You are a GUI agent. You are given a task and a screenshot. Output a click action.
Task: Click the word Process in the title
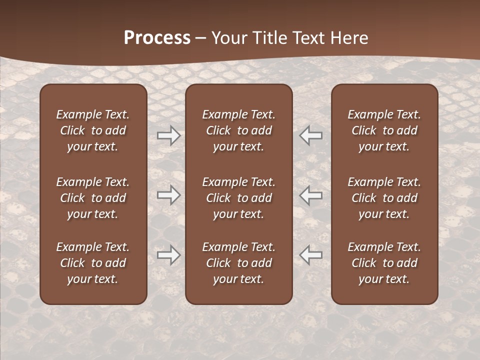pyautogui.click(x=157, y=38)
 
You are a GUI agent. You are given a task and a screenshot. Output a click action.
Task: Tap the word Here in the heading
pyautogui.click(x=350, y=38)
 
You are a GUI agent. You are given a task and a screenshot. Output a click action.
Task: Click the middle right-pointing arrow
pyautogui.click(x=169, y=195)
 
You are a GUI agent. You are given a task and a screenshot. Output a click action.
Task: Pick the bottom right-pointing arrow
pyautogui.click(x=169, y=255)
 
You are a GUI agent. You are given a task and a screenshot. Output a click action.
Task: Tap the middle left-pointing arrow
pyautogui.click(x=310, y=195)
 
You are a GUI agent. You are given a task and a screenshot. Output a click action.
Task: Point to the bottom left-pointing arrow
pyautogui.click(x=310, y=255)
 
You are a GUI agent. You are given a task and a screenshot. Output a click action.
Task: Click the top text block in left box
pyautogui.click(x=93, y=130)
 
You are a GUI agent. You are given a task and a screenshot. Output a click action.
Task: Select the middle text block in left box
pyautogui.click(x=93, y=198)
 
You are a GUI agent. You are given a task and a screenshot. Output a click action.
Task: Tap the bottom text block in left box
pyautogui.click(x=93, y=263)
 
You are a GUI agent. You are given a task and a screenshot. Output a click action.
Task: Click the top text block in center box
pyautogui.click(x=239, y=130)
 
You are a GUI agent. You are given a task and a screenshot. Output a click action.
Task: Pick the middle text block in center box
pyautogui.click(x=239, y=198)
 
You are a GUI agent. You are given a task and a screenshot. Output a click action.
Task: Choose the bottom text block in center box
pyautogui.click(x=239, y=263)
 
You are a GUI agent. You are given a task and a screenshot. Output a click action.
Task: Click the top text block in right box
pyautogui.click(x=384, y=130)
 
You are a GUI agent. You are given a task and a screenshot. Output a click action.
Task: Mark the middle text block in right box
pyautogui.click(x=384, y=198)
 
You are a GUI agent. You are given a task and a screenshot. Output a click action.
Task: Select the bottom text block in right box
pyautogui.click(x=384, y=263)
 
